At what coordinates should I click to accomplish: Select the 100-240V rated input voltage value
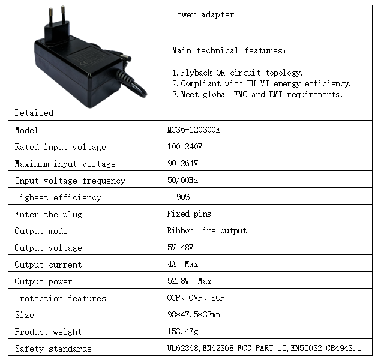185,147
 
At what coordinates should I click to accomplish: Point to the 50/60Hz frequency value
182,181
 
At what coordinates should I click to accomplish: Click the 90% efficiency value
183,197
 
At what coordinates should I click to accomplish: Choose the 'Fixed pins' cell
189,214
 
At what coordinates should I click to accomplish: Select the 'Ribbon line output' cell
206,231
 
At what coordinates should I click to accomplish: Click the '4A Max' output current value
182,265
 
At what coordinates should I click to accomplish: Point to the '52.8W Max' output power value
189,281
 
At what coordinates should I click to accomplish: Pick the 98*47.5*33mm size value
193,315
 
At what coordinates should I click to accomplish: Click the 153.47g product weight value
183,332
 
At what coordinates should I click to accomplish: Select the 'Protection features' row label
60,298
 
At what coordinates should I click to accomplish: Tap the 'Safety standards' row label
53,349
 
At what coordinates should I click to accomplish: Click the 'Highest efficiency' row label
58,197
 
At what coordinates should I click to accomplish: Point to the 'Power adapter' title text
203,15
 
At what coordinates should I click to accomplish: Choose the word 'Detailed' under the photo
34,113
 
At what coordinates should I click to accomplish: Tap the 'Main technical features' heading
229,51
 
